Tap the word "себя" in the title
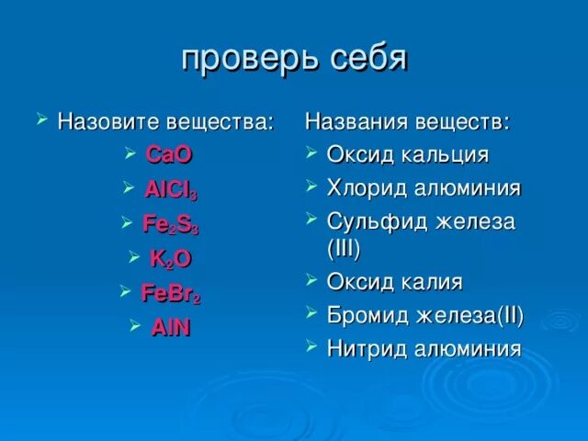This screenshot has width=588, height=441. [369, 59]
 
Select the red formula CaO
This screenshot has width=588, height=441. [169, 154]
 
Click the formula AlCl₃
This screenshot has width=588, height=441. [171, 190]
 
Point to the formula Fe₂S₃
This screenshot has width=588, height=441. [171, 224]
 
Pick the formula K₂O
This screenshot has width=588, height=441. [171, 258]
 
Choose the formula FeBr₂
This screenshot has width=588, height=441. [171, 293]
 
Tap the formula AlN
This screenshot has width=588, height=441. [171, 327]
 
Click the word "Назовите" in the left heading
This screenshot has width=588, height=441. [108, 121]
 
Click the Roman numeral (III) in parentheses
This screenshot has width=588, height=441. [344, 249]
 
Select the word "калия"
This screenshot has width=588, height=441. [432, 282]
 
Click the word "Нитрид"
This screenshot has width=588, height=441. [367, 348]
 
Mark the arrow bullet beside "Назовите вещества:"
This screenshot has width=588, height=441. [42, 119]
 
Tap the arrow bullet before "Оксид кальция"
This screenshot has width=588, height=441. [311, 152]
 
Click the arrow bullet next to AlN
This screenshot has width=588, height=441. [135, 325]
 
